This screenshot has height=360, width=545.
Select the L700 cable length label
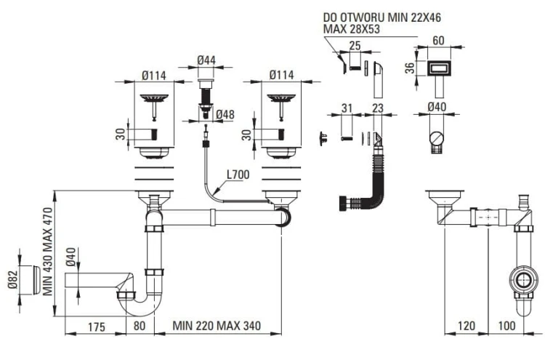click(238, 175)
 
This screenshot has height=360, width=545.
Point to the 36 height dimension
click(408, 68)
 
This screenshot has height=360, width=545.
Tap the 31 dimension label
click(347, 108)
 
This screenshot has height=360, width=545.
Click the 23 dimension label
click(378, 108)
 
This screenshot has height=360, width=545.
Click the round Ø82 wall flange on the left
click(27, 279)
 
